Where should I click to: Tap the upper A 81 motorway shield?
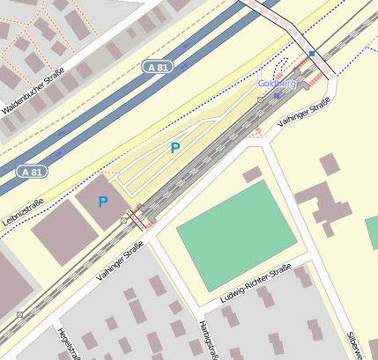pyautogui.click(x=157, y=67)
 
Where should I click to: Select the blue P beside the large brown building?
pyautogui.click(x=103, y=202)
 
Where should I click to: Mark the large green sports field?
pyautogui.click(x=236, y=233)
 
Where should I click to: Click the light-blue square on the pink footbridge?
pyautogui.click(x=311, y=54)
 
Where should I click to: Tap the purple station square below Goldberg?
pyautogui.click(x=278, y=94)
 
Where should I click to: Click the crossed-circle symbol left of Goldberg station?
pyautogui.click(x=260, y=100)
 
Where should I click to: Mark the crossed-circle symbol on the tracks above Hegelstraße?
pyautogui.click(x=19, y=314)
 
